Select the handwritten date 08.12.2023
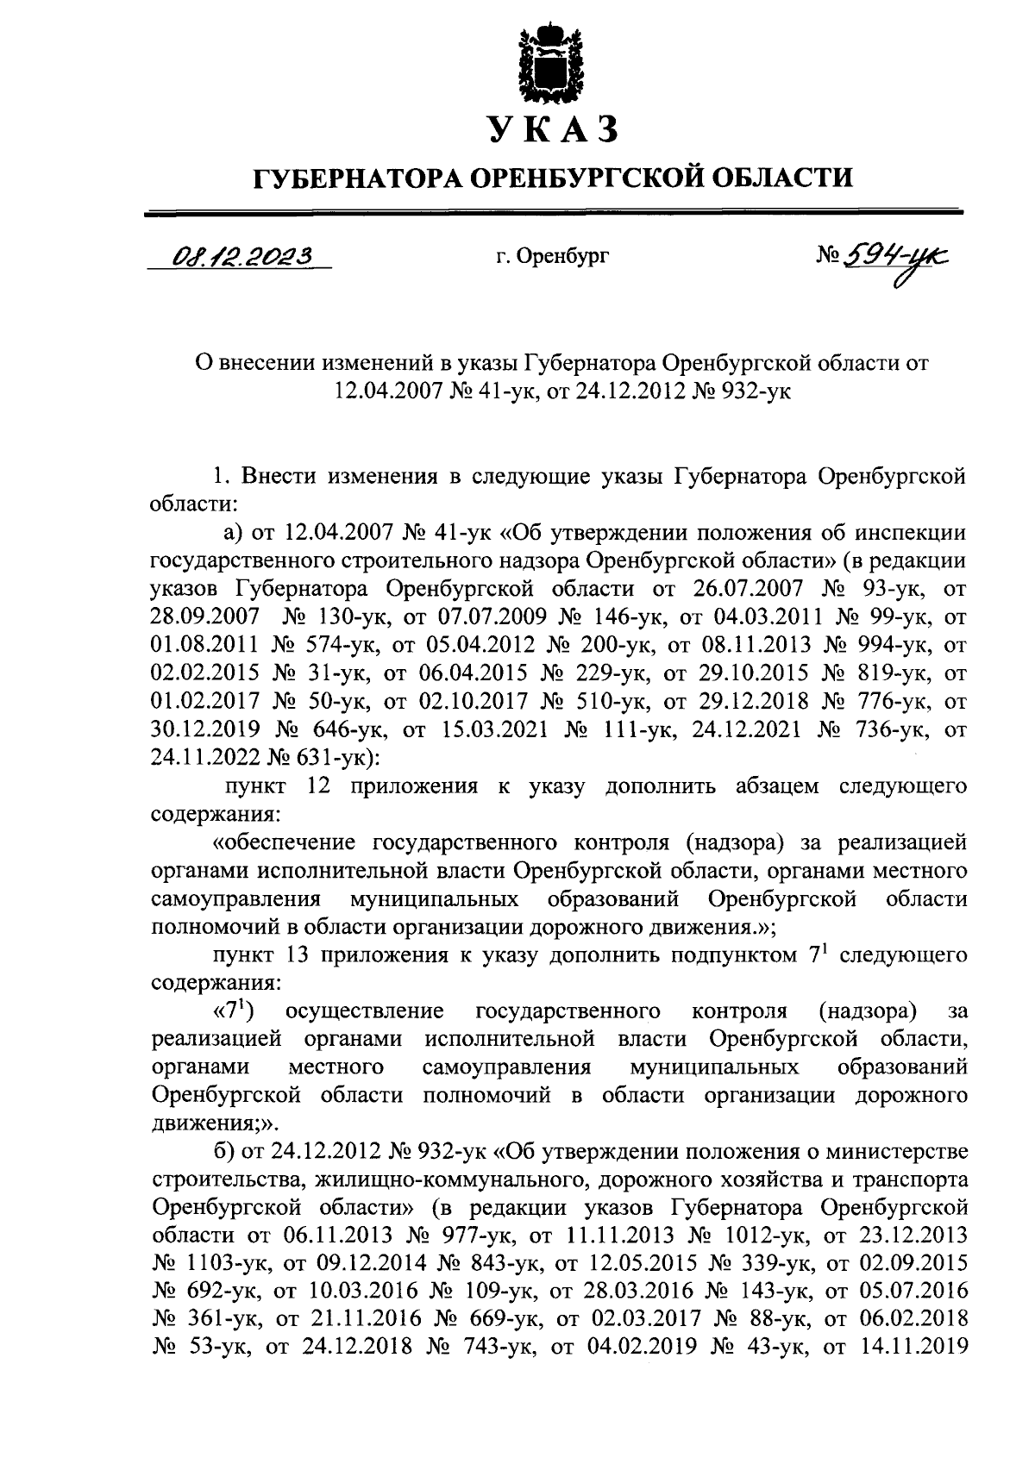pos(241,254)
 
